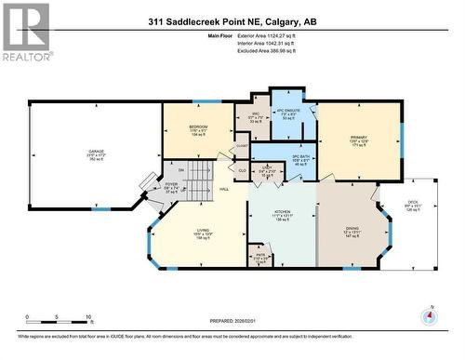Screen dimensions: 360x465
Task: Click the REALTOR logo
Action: coord(25,30)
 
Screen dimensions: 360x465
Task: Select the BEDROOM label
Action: coord(197,127)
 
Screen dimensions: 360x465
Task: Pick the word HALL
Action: coord(224,190)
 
